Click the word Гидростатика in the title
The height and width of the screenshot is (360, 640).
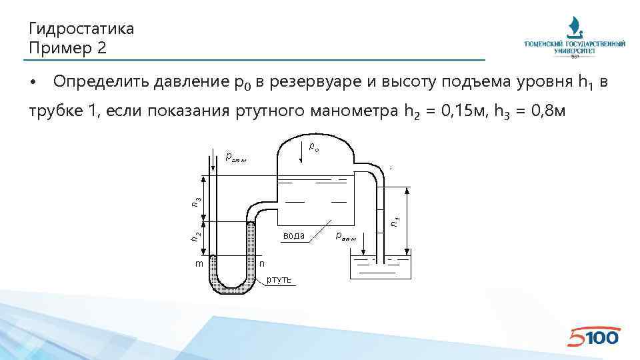point(81,29)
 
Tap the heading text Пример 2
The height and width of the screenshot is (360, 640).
point(67,48)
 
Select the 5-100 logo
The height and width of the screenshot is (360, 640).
point(593,337)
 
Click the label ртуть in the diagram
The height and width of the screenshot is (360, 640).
point(279,279)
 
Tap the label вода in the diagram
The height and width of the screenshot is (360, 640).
point(294,235)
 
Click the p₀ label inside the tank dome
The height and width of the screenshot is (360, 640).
point(314,145)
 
